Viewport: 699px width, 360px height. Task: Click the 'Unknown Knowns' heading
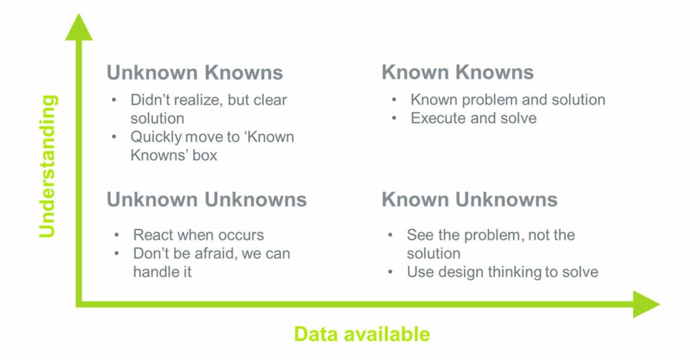click(x=195, y=72)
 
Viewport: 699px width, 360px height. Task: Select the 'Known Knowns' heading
click(x=457, y=72)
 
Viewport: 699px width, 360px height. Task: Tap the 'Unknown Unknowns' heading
click(x=207, y=199)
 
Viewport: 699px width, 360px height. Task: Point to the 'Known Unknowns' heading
click(x=469, y=199)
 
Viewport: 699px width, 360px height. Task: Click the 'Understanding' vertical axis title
click(x=47, y=166)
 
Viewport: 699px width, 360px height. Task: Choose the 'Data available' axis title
click(x=362, y=334)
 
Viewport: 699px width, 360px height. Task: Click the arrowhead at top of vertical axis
click(x=79, y=27)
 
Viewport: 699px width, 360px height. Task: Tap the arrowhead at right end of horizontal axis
click(x=646, y=304)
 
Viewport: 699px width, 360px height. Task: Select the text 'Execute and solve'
click(x=474, y=118)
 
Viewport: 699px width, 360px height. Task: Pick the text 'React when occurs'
click(x=199, y=235)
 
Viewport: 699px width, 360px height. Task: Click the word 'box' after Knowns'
click(x=204, y=156)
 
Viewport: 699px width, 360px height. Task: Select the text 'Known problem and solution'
click(x=508, y=100)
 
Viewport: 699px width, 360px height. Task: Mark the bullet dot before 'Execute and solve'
click(x=394, y=118)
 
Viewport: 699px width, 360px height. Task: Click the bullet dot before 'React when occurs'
click(x=116, y=235)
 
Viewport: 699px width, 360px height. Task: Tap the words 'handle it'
click(x=163, y=271)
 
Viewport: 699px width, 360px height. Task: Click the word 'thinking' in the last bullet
click(x=515, y=272)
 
